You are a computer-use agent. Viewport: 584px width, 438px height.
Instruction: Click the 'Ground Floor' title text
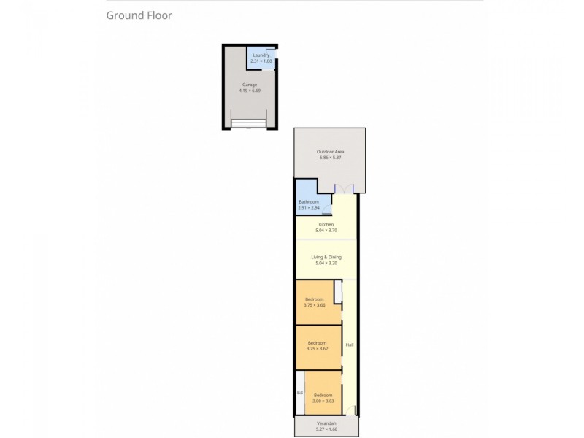(139, 15)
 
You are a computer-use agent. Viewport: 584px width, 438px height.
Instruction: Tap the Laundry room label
(261, 55)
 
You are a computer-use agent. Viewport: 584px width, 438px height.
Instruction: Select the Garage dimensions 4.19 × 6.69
(250, 91)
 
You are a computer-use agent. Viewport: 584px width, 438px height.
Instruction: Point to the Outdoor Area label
(331, 152)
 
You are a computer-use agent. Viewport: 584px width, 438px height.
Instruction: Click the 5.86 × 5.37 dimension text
(331, 158)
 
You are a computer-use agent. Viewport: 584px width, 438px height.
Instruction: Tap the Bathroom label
(309, 202)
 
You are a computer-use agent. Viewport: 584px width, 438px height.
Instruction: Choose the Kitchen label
(326, 224)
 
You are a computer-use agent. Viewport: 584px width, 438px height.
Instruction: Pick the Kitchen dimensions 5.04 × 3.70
(326, 230)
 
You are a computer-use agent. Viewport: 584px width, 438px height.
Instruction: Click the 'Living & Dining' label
(326, 257)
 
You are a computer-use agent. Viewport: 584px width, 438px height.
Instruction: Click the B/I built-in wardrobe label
(299, 393)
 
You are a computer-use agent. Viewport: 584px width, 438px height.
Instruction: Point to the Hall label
(350, 345)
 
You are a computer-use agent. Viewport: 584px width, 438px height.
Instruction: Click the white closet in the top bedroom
(337, 292)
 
